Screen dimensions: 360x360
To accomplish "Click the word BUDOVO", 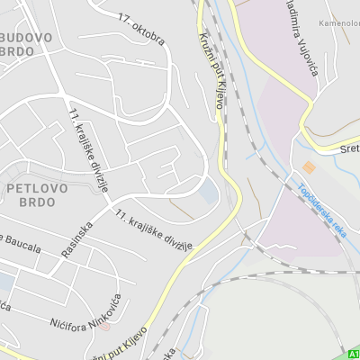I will pyautogui.click(x=28, y=38).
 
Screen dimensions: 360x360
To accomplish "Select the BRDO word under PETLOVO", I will pyautogui.click(x=36, y=202).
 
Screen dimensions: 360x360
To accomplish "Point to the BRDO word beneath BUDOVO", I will pyautogui.click(x=18, y=51).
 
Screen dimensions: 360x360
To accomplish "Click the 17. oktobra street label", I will pyautogui.click(x=141, y=29).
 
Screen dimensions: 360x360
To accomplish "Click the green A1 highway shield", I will pyautogui.click(x=352, y=355).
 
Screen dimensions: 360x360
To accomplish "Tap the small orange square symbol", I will pyautogui.click(x=309, y=167).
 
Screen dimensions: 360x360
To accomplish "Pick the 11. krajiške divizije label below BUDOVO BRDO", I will pyautogui.click(x=88, y=149).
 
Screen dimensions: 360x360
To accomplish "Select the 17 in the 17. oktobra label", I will pyautogui.click(x=124, y=17).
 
